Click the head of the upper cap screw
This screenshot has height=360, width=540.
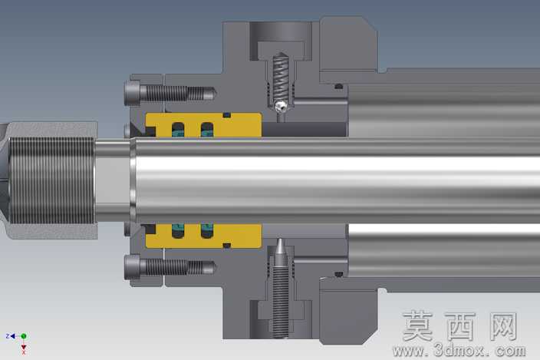[x=133, y=93]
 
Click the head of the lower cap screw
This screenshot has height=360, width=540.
[x=133, y=267]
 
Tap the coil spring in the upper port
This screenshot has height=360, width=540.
[x=281, y=78]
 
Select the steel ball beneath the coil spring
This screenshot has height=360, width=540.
[x=282, y=106]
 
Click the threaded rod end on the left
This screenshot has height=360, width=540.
[x=51, y=180]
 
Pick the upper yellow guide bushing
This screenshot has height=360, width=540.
[x=203, y=125]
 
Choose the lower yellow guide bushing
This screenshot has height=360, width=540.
[x=203, y=236]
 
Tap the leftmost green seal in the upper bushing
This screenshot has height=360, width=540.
[x=178, y=131]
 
